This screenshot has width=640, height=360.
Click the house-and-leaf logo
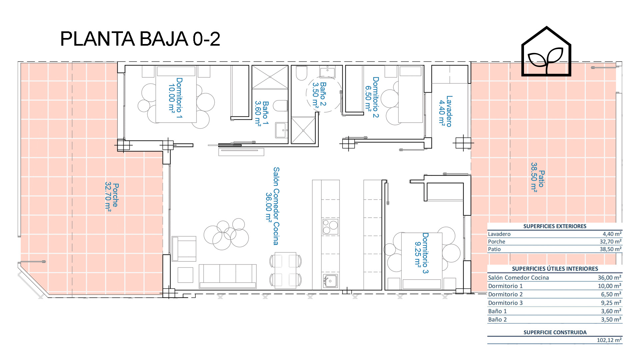pos(546,52)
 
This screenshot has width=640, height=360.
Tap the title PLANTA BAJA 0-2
pos(140,39)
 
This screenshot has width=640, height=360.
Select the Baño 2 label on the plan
pos(319,94)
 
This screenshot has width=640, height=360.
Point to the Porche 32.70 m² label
pos(112,196)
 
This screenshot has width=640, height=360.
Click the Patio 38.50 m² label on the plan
pos(537,177)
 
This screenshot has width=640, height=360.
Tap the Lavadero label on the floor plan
pos(445,111)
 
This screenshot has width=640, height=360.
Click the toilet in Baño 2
pos(301,73)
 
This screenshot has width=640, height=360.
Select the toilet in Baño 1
pos(280,106)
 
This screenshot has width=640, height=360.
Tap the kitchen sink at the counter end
pos(330,281)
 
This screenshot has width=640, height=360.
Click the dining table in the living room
pos(286,270)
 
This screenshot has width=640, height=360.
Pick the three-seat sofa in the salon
pos(228,276)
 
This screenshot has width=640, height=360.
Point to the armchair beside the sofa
pos(184,248)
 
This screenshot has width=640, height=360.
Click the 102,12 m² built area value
pos(609,340)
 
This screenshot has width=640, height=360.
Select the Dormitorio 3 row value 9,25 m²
pos(611,303)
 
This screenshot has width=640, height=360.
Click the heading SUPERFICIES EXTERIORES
pos(555,226)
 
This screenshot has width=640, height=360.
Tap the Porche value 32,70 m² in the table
pos(610,241)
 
